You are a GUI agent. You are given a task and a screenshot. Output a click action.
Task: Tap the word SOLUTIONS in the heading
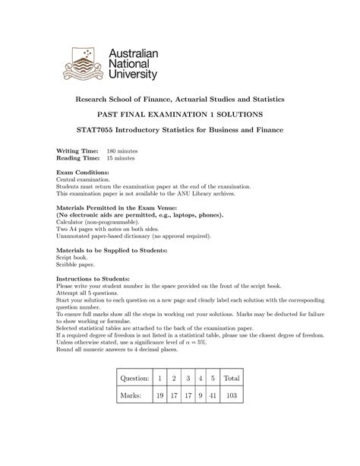click(x=238, y=114)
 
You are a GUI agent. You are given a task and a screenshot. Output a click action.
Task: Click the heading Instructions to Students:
click(x=95, y=280)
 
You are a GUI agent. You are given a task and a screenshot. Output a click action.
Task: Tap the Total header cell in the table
click(x=232, y=399)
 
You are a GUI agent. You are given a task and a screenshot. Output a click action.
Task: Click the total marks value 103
click(x=231, y=417)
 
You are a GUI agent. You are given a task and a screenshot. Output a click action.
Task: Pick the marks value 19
click(x=159, y=417)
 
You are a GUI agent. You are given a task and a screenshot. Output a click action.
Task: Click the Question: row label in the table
click(x=130, y=399)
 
